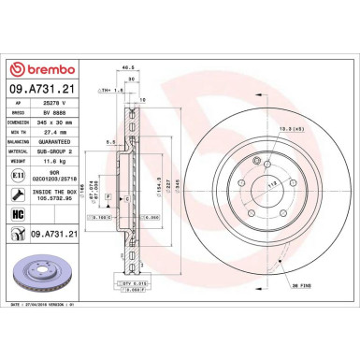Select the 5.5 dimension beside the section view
point(110,142)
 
